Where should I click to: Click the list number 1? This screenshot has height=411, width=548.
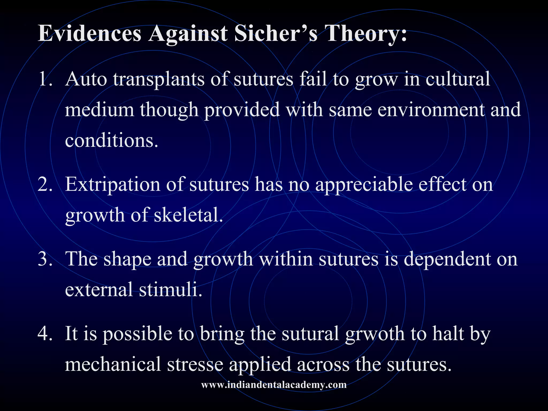point(45,79)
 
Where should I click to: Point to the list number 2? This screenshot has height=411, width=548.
point(45,185)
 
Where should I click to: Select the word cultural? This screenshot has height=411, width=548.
point(458,79)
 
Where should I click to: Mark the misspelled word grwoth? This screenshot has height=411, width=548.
point(375,334)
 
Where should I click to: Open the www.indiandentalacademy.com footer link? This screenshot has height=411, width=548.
point(274,385)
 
